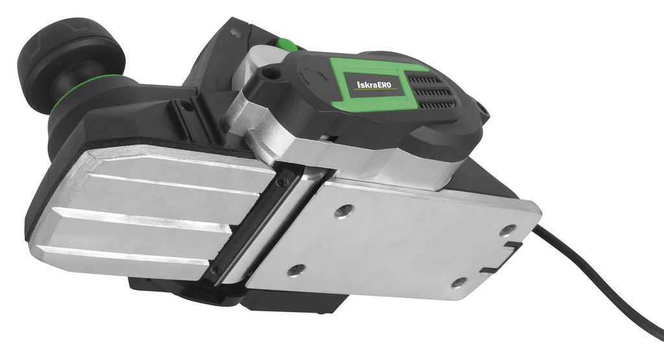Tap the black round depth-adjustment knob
point(71,64)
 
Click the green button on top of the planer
point(286,44)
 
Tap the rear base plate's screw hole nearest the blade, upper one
point(344,210)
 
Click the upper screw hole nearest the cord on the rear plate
point(507,230)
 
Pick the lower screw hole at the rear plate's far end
point(459,282)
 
